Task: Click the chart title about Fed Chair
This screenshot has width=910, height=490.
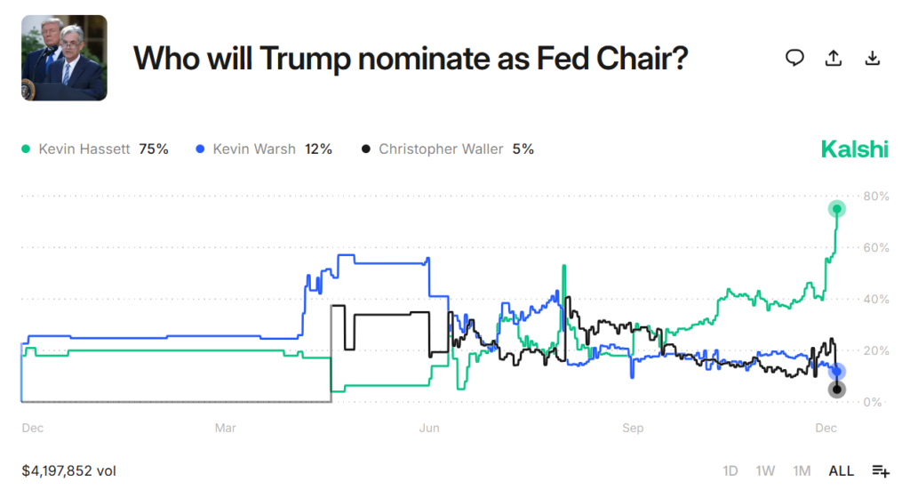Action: pyautogui.click(x=411, y=58)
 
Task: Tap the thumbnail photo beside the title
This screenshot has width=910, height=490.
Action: pyautogui.click(x=64, y=58)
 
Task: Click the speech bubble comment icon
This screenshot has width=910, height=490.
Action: pyautogui.click(x=794, y=58)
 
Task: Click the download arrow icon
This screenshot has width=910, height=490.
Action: pyautogui.click(x=872, y=58)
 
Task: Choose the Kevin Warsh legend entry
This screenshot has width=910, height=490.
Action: pyautogui.click(x=263, y=149)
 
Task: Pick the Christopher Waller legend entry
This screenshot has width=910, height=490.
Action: pyautogui.click(x=448, y=149)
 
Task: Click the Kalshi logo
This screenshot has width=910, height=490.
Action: pyautogui.click(x=854, y=149)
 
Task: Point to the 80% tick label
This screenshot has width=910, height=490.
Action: pyautogui.click(x=875, y=196)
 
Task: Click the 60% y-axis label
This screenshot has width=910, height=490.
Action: pyautogui.click(x=875, y=247)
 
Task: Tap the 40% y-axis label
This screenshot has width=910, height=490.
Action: pyautogui.click(x=875, y=299)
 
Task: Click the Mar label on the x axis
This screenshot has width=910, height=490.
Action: pyautogui.click(x=226, y=428)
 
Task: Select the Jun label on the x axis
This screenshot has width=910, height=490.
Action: pyautogui.click(x=429, y=428)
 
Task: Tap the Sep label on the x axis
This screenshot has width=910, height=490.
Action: pyautogui.click(x=633, y=428)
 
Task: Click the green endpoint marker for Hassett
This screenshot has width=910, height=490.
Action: pyautogui.click(x=836, y=209)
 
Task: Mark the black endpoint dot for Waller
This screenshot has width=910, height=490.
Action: pyautogui.click(x=836, y=390)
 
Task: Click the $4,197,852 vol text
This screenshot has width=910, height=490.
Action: pyautogui.click(x=69, y=470)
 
